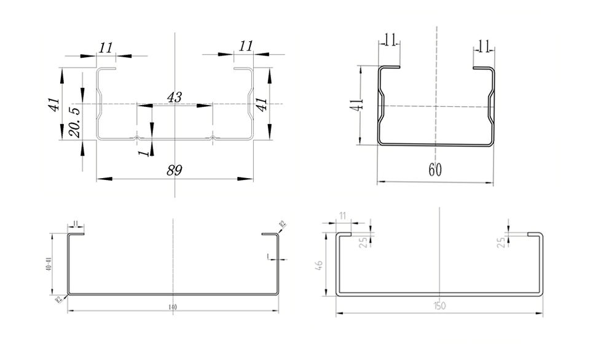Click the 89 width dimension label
point(175,170)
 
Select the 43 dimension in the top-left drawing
point(175,97)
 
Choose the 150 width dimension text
point(439,305)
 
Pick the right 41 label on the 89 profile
point(262,104)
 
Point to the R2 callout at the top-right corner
point(282,225)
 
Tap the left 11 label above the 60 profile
point(389,41)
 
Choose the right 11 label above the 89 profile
point(246,45)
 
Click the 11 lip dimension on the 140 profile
point(75,222)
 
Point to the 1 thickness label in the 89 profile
point(146,149)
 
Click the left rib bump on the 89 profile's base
point(137,138)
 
